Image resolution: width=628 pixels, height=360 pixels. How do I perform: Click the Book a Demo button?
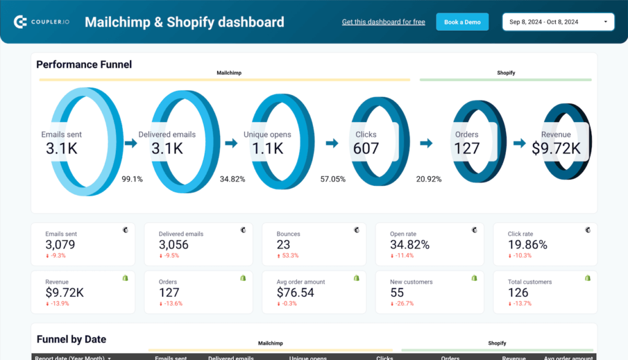point(462,22)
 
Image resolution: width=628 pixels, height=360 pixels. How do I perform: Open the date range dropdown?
point(558,22)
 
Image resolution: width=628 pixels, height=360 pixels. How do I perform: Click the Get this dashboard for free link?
point(383,22)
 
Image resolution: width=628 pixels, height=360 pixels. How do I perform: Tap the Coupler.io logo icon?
point(20,22)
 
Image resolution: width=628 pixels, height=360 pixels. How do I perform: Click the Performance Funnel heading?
point(84,64)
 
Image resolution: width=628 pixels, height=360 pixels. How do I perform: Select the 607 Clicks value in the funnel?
point(366,148)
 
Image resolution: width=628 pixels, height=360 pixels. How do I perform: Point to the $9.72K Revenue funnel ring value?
point(556,148)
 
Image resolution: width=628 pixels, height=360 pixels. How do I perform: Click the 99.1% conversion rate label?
point(132,179)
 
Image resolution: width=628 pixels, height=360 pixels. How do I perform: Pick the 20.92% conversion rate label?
point(429,179)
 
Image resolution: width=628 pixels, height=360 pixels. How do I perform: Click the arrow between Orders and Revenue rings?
point(519,143)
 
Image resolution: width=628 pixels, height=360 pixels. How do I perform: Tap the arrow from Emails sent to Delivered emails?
point(131,143)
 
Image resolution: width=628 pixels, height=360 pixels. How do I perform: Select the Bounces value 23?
point(283,245)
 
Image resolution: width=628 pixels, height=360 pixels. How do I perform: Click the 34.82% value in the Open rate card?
point(410,245)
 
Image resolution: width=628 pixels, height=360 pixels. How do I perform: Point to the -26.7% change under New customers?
point(402,303)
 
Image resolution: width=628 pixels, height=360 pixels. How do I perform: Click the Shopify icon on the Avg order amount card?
point(357,278)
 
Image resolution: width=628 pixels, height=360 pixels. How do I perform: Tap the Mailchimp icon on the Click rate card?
point(588,230)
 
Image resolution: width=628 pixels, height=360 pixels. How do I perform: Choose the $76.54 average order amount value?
point(296,293)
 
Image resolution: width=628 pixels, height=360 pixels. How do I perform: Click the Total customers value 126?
point(518,293)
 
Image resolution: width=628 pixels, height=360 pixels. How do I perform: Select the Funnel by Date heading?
point(71,339)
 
